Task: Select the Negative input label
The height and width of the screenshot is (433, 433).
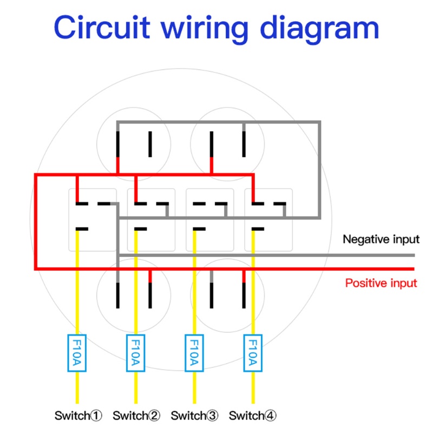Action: click(x=381, y=239)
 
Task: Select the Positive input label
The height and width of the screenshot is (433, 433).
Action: click(x=381, y=283)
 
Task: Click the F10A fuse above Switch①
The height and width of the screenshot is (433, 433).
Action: click(x=76, y=353)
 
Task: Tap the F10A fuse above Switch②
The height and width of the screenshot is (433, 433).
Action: click(x=135, y=353)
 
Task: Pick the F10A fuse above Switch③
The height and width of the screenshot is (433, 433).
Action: click(x=194, y=353)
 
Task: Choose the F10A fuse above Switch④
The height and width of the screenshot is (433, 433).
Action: click(x=252, y=353)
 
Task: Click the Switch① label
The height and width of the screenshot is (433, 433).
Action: click(x=78, y=416)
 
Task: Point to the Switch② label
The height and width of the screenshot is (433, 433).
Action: click(x=137, y=416)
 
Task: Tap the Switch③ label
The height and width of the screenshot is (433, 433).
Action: click(x=195, y=416)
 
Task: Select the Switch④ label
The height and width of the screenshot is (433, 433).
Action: click(x=253, y=416)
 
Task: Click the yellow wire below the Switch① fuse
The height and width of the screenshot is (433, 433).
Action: click(x=76, y=387)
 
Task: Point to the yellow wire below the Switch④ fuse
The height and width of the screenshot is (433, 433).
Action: click(x=252, y=387)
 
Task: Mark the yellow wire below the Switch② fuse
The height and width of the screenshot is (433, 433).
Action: click(x=135, y=387)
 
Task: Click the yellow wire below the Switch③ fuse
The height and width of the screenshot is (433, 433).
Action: click(x=194, y=387)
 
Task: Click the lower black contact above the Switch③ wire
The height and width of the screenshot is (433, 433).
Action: click(x=200, y=229)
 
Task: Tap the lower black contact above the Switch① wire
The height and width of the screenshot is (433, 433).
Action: click(x=82, y=229)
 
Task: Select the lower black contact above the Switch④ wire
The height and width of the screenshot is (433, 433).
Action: click(x=258, y=229)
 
